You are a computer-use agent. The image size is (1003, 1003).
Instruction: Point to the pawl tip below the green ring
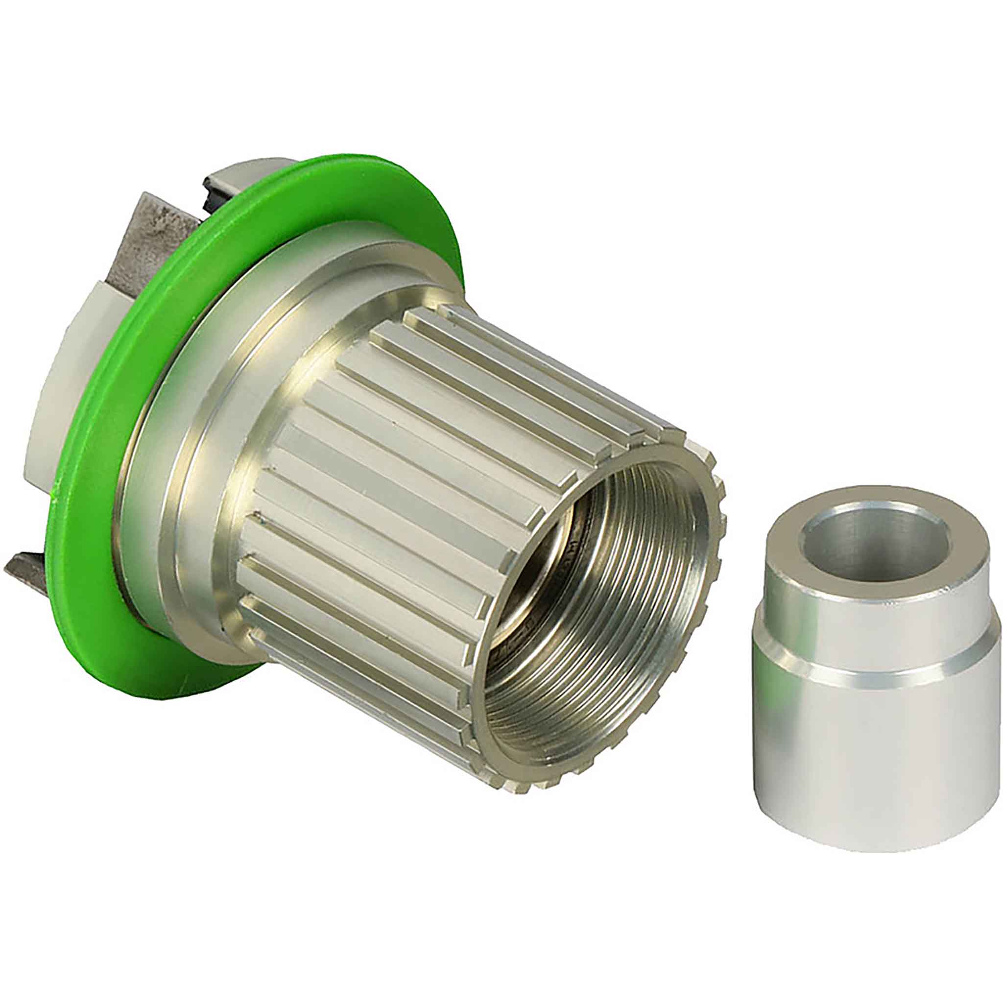pyautogui.click(x=31, y=569)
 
